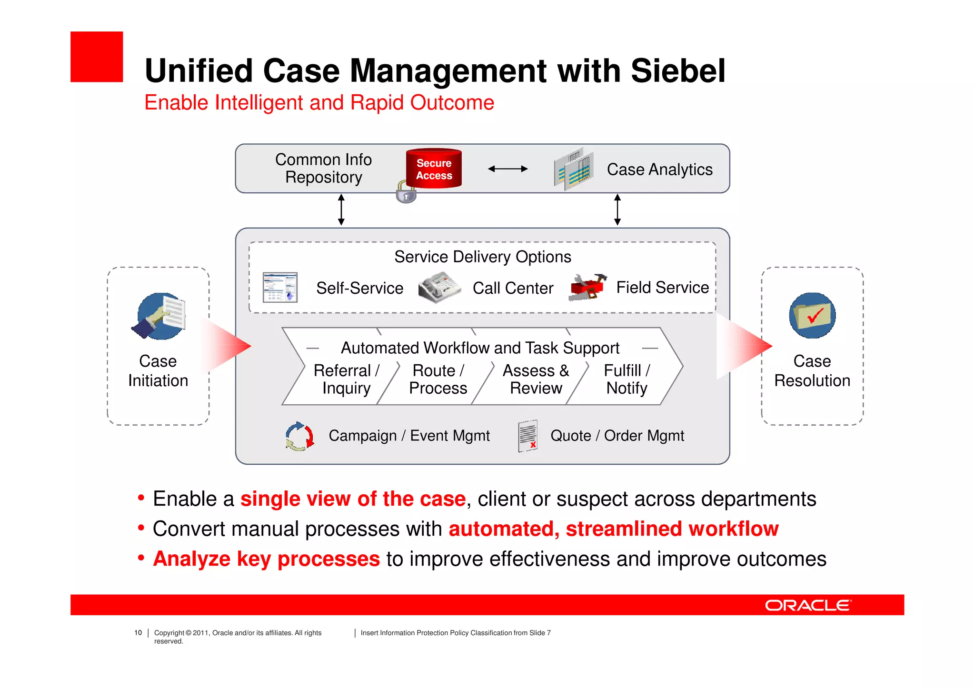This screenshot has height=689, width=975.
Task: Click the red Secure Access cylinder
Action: pos(434,169)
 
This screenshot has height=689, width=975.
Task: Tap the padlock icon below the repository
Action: pos(406,193)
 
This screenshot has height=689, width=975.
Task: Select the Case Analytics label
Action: pos(659,170)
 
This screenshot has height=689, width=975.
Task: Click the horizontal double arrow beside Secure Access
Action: pos(507,169)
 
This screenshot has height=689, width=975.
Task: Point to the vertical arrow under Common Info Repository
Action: pos(341,210)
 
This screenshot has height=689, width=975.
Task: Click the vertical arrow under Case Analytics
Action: pos(617,210)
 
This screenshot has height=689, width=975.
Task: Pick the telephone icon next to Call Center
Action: pos(438,287)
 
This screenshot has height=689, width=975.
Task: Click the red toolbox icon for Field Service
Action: pos(587,287)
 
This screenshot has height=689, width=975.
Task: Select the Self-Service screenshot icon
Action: pos(280,287)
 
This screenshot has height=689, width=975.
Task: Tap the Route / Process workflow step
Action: pos(438,379)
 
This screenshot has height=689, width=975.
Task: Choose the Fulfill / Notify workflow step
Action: pos(627,379)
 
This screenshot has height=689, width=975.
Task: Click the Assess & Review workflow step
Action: pos(536,379)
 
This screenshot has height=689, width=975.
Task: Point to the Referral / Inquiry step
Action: pos(346,379)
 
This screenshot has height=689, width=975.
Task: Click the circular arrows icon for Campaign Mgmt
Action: pos(299,436)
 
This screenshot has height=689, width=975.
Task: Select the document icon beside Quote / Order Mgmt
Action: pos(527,436)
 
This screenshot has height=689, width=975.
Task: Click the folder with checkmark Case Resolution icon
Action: pos(812,316)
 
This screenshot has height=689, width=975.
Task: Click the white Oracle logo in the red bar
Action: pos(807,605)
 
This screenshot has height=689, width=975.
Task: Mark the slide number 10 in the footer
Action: pos(138,633)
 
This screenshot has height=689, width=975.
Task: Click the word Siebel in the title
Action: pos(678,71)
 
